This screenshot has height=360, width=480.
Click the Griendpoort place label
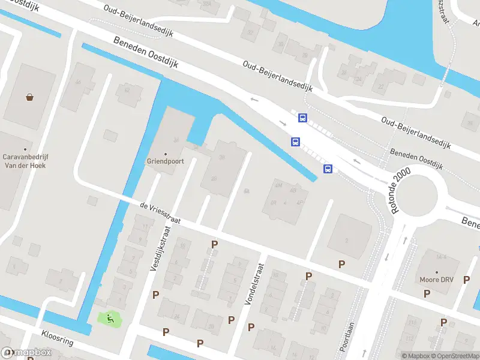[x=165, y=161]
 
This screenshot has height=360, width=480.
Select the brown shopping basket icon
[x=29, y=97]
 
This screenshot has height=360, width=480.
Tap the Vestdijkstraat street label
[x=160, y=247]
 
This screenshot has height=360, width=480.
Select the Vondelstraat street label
[x=254, y=284]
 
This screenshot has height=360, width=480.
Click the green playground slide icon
[x=110, y=319]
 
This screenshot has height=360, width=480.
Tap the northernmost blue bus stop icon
[x=303, y=118]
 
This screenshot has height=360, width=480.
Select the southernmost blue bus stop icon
[x=328, y=169]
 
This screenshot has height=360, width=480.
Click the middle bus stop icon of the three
[x=295, y=142]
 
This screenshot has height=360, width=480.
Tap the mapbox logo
[x=26, y=352]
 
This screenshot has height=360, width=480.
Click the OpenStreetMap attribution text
[x=458, y=356]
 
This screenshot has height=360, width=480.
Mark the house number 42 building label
[x=126, y=90]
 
